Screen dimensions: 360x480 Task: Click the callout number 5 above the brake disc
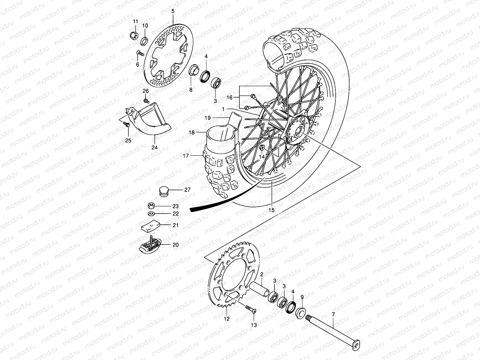coord(173,11)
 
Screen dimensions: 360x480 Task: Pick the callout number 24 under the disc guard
coord(154,147)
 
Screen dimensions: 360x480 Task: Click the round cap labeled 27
coord(163,191)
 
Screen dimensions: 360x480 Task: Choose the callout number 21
coord(175,225)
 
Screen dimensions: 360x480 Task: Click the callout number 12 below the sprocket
coord(227,319)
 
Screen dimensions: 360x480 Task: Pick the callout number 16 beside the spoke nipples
coord(229,97)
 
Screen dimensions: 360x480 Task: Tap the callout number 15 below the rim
coord(271,210)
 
